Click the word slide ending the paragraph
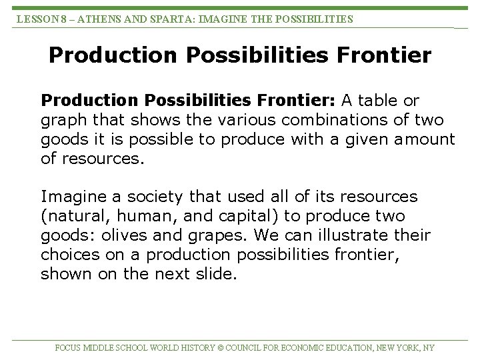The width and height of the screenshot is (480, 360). pos(215,274)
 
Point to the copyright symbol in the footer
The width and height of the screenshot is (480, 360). pos(221,348)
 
